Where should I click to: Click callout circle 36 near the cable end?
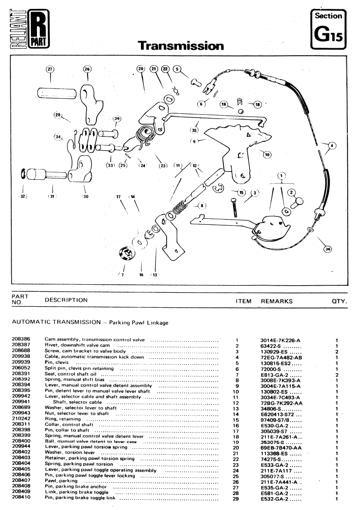click(328, 249)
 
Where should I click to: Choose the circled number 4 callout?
click(332, 145)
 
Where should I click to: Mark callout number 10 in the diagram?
click(267, 155)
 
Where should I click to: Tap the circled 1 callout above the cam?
click(281, 176)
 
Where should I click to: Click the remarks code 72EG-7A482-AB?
click(281, 357)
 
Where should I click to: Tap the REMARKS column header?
click(277, 301)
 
